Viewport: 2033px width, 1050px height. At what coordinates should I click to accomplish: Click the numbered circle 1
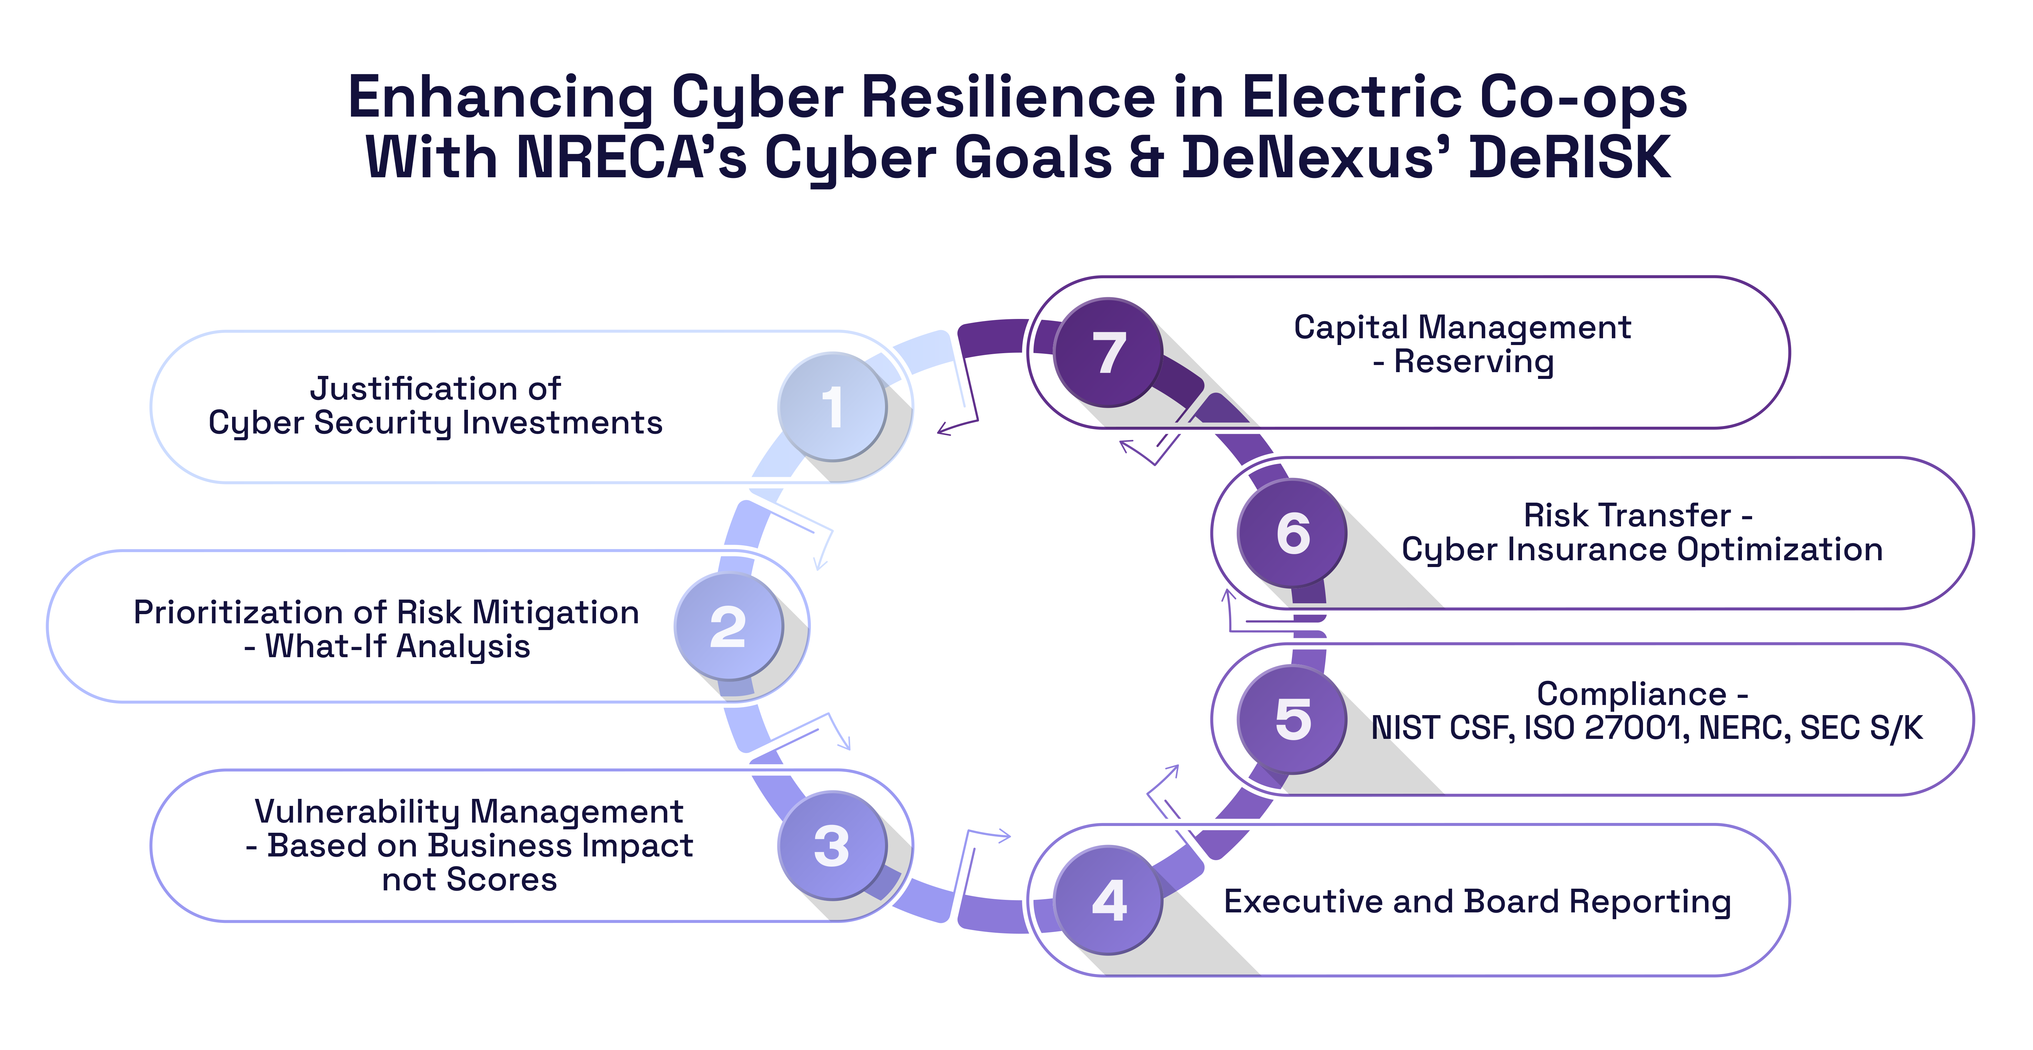tap(832, 407)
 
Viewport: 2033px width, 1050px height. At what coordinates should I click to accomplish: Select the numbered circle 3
tap(832, 846)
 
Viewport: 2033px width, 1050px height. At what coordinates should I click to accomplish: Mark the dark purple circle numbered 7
tap(1109, 352)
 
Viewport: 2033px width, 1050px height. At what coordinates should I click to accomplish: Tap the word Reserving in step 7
tap(1474, 362)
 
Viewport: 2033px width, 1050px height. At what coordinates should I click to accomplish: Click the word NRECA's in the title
tap(631, 158)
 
